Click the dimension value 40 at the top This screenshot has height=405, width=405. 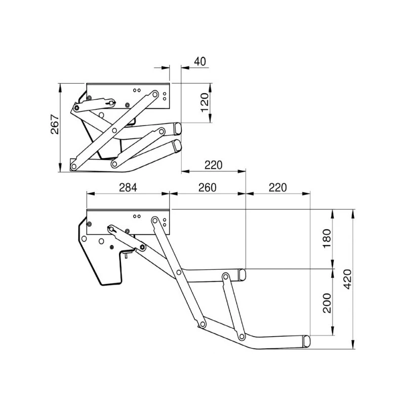coord(199,61)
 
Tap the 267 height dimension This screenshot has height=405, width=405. coord(55,125)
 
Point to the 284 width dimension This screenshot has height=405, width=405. coord(128,187)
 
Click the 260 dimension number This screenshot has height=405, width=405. coord(207,187)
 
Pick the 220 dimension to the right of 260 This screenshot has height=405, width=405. coord(277,187)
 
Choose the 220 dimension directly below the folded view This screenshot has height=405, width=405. coord(213,165)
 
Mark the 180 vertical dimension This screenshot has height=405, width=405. coord(327,237)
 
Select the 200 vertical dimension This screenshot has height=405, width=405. coord(327,302)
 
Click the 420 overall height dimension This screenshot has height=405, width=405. coord(347,278)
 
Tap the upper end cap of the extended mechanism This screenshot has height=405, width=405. coord(242,274)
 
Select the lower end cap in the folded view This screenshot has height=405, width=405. coord(176,146)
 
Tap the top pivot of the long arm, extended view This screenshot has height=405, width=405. coord(155,221)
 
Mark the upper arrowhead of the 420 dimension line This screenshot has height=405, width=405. coord(353,212)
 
